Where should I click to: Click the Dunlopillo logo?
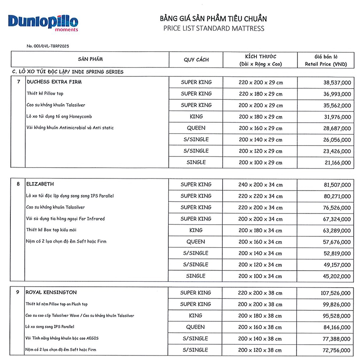coord(43,23)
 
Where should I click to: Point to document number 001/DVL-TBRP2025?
coord(48,46)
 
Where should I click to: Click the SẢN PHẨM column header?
coord(90,59)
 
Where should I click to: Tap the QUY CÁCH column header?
coord(196,60)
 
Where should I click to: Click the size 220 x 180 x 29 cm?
coord(261,94)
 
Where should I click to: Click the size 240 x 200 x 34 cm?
coord(261,185)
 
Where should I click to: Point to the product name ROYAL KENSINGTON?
coord(52,293)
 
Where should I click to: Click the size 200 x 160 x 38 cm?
coord(261,327)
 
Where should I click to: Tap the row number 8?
coord(18,184)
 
